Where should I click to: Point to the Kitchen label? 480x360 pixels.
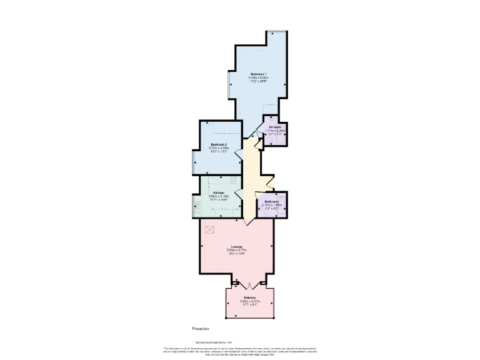[x=219, y=192]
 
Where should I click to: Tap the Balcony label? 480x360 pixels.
[x=249, y=297]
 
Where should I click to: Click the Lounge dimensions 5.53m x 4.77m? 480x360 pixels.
[x=236, y=250]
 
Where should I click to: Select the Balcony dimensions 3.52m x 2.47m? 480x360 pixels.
[x=249, y=301]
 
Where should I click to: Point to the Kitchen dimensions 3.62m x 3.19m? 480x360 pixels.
[x=219, y=196]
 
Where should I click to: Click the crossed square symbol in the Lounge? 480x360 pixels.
[x=210, y=229]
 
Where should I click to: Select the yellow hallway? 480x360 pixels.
[x=251, y=181]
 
